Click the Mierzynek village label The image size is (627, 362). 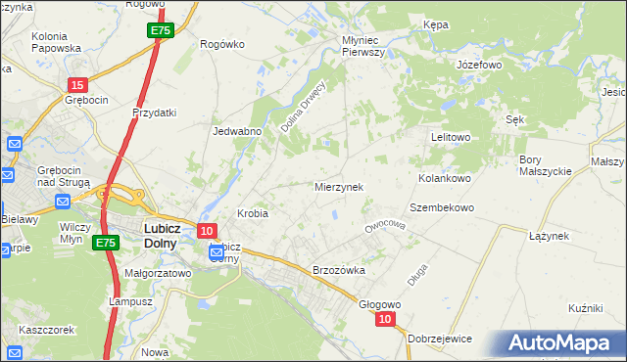click(338, 186)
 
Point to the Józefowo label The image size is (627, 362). click(480, 65)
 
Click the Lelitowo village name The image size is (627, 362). click(452, 137)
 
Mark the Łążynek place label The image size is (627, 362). click(549, 236)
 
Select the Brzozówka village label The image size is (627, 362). click(338, 270)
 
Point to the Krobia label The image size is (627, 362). click(253, 212)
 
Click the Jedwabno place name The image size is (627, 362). click(235, 130)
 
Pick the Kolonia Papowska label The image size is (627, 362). click(56, 42)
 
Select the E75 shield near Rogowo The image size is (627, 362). click(162, 31)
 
